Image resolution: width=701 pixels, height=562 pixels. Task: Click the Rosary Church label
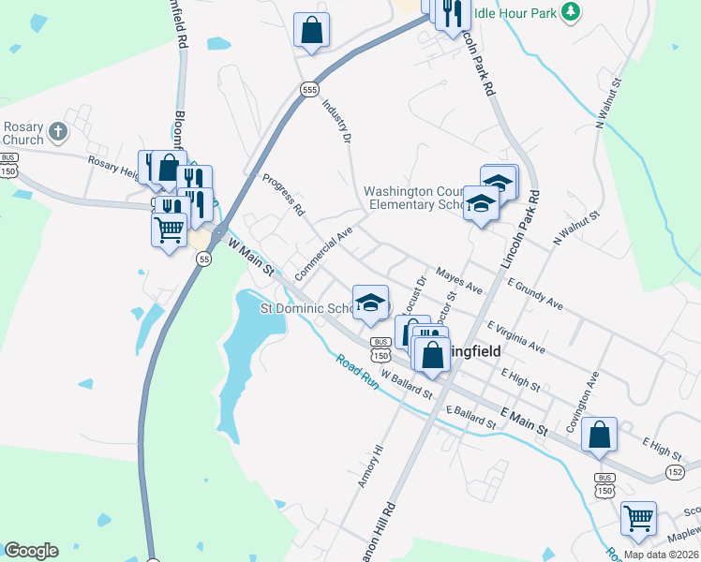tap(22, 134)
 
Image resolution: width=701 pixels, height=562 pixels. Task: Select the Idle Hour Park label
tap(514, 13)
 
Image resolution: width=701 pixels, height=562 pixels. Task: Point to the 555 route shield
tap(309, 89)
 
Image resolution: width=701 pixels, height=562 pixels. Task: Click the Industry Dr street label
tap(336, 121)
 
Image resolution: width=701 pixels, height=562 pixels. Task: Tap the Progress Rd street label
tap(283, 195)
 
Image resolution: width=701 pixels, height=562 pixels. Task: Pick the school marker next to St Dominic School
tap(370, 302)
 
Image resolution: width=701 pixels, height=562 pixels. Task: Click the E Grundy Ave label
tap(535, 292)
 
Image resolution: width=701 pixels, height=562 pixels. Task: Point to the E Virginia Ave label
tap(515, 336)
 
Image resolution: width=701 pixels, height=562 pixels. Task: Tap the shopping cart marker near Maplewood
tap(638, 517)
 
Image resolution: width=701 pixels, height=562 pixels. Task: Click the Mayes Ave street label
tap(459, 276)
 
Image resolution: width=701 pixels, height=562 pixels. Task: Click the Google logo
tap(31, 551)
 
